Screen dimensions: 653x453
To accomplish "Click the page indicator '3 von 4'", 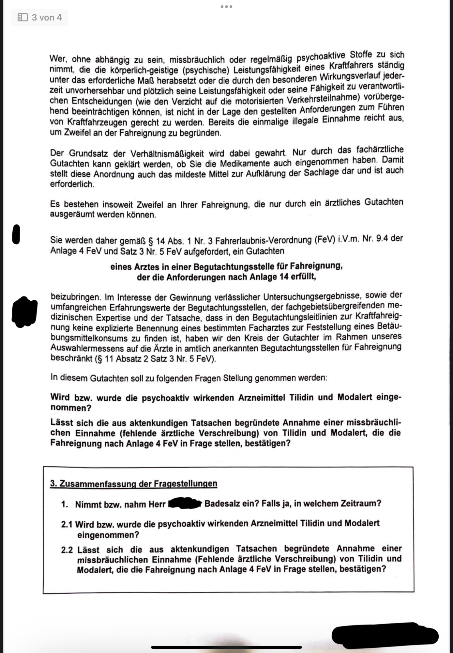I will (x=47, y=17).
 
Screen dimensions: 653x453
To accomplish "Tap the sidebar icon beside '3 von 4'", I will (x=23, y=17).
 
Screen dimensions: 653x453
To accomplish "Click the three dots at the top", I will (x=226, y=7).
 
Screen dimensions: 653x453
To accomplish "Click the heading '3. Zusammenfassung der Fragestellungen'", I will (x=133, y=484).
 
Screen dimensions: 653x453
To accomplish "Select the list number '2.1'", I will (x=67, y=524).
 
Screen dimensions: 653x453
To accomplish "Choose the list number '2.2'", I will (x=67, y=550).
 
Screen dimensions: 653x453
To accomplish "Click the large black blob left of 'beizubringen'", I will (x=24, y=311).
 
